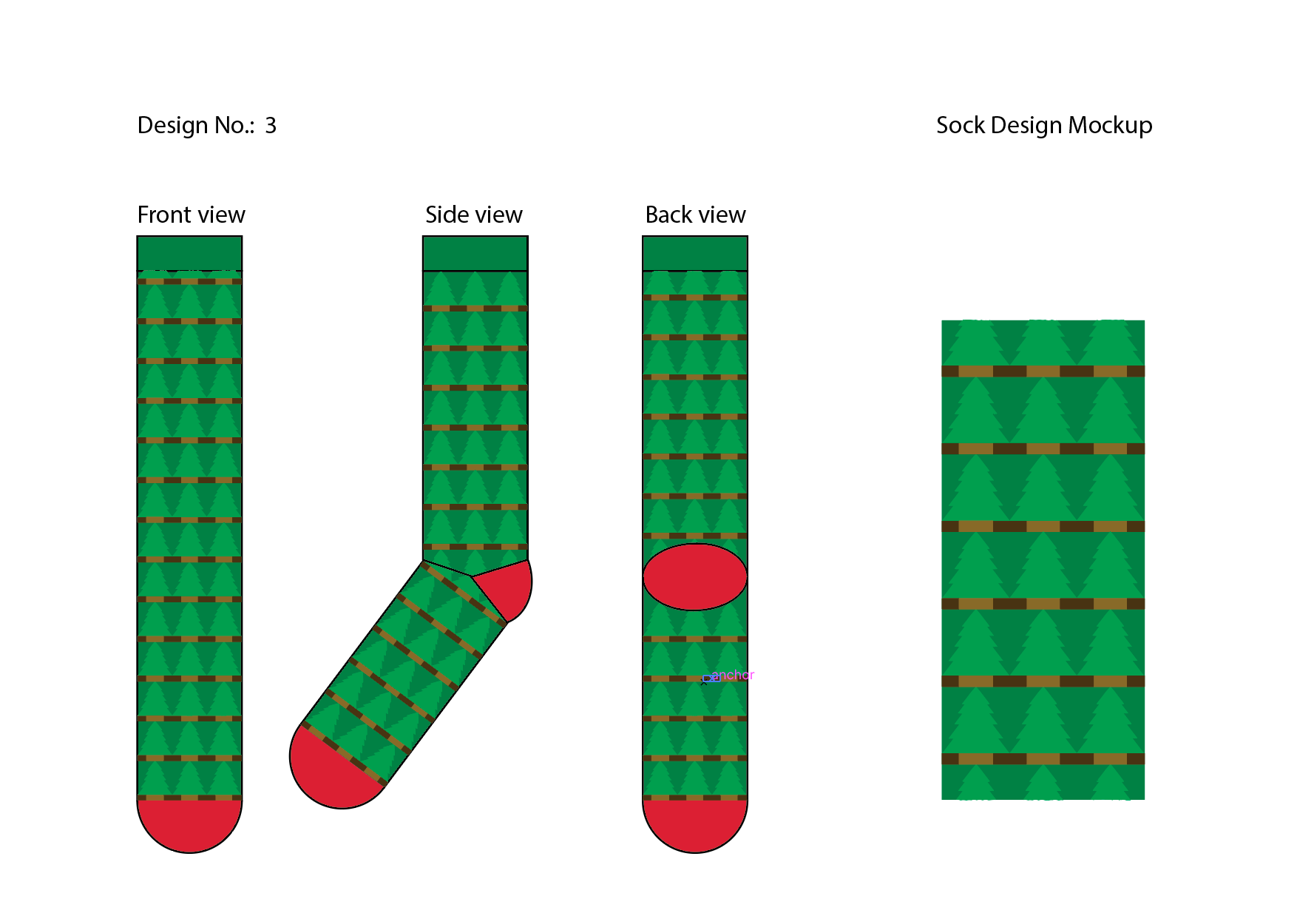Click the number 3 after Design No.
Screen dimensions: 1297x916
(271, 126)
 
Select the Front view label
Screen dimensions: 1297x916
(191, 215)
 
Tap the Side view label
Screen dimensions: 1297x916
(473, 215)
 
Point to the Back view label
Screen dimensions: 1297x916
(695, 215)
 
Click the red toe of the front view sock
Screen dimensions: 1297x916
(189, 825)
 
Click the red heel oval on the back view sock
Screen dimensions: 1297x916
(694, 577)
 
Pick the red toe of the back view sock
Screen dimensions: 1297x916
(694, 825)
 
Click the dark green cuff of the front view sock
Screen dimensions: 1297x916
(189, 253)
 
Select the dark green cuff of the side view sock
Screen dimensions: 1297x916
(475, 253)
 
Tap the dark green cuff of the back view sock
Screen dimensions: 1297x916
(694, 253)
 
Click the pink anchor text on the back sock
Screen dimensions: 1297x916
(733, 675)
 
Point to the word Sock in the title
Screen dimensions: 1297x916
(960, 126)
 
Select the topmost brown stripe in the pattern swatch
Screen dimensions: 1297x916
(1043, 371)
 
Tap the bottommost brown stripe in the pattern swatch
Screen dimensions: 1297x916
(1043, 758)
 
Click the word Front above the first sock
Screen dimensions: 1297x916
(164, 215)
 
